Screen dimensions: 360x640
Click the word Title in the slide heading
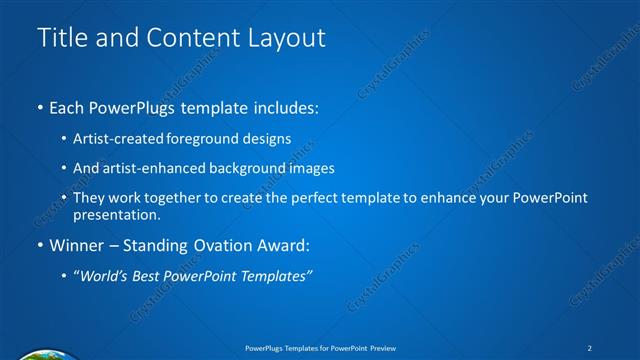tap(61, 38)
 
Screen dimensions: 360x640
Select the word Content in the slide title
tap(185, 38)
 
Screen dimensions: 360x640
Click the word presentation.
tap(115, 214)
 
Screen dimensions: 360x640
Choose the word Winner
tap(77, 245)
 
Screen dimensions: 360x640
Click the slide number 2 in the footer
tap(591, 347)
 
